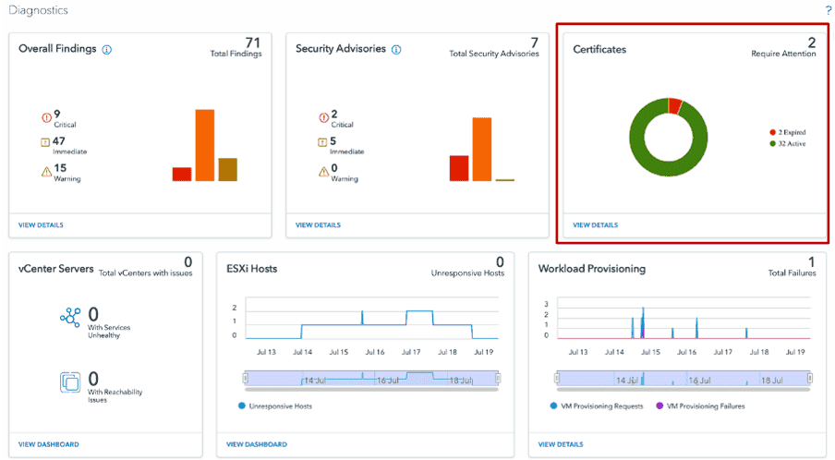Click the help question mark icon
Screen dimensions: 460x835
(x=828, y=9)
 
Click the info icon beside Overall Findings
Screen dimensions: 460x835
(x=107, y=49)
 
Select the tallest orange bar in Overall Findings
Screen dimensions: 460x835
(x=204, y=145)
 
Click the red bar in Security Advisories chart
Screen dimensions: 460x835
(x=459, y=168)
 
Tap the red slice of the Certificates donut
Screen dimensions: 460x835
(x=674, y=104)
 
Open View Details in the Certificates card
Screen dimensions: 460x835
(x=595, y=224)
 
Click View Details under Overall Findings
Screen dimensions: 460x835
(x=41, y=224)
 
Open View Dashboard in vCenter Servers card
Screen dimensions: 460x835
(x=48, y=444)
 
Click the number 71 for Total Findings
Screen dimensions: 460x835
(x=253, y=42)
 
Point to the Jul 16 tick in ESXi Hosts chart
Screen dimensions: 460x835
(x=374, y=352)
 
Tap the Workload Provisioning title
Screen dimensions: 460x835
(x=592, y=269)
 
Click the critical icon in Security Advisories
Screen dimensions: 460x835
(x=322, y=117)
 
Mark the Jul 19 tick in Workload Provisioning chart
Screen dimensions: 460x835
(x=793, y=352)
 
